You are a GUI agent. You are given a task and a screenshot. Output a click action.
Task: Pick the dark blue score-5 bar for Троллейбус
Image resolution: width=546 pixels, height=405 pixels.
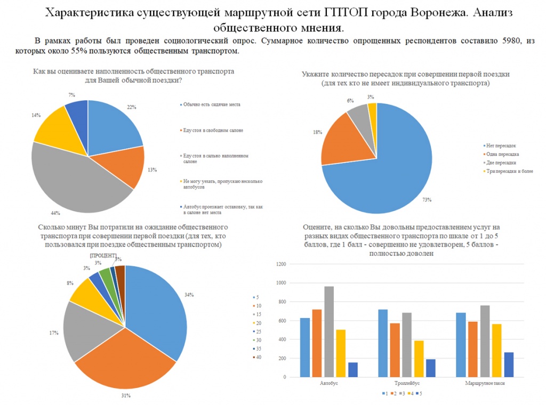(x=431, y=368)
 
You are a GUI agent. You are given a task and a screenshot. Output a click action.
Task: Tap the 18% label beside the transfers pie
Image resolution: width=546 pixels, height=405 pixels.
(x=318, y=132)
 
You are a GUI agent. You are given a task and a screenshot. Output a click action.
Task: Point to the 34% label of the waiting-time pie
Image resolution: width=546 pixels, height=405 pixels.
(x=189, y=295)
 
